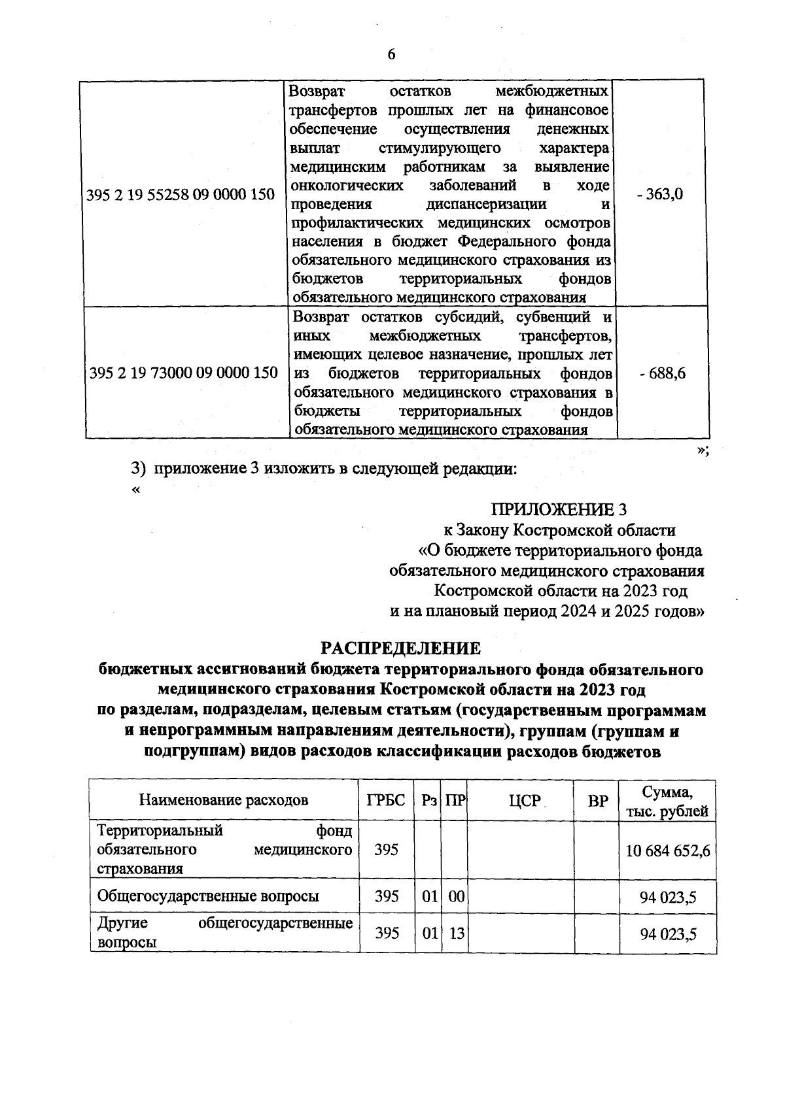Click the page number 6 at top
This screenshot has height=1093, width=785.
click(x=391, y=55)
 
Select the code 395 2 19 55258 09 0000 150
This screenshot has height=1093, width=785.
click(x=181, y=195)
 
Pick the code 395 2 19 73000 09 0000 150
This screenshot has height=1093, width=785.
click(x=183, y=374)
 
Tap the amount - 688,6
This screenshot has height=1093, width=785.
click(x=663, y=374)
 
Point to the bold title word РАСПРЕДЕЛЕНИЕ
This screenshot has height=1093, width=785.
click(x=400, y=648)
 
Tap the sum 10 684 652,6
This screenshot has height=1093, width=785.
click(x=668, y=850)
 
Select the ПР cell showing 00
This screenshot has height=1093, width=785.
click(x=456, y=896)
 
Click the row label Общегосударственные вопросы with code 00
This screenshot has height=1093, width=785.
click(x=208, y=896)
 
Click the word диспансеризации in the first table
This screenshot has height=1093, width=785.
click(x=486, y=204)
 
